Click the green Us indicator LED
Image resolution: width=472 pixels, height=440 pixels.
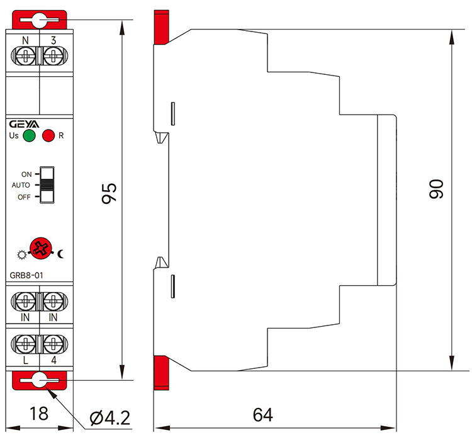[28, 135]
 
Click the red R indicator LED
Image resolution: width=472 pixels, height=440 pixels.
[48, 135]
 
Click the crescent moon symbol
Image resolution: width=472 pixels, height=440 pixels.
[62, 254]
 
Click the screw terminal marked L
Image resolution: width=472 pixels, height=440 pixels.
[25, 343]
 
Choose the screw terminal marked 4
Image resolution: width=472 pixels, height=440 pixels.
[53, 343]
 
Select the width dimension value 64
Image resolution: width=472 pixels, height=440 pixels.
[262, 415]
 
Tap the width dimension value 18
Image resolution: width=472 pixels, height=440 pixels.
[39, 415]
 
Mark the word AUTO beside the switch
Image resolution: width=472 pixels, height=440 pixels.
[21, 186]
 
